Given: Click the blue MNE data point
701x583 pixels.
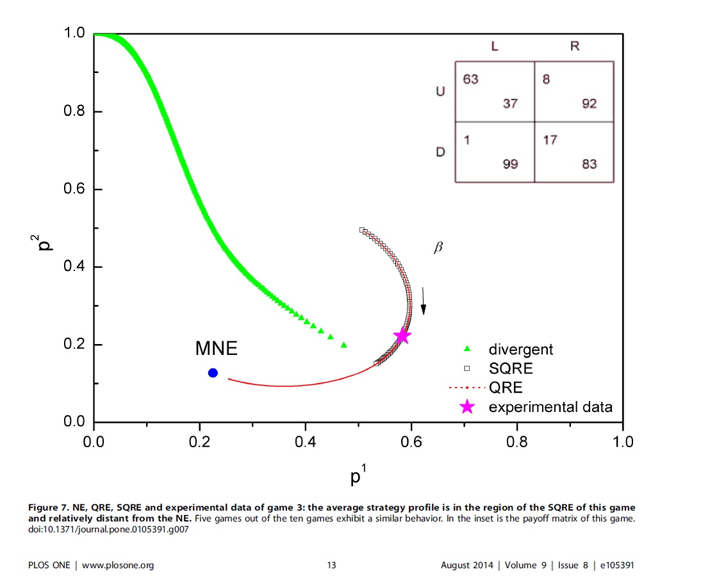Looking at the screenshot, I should pyautogui.click(x=213, y=373).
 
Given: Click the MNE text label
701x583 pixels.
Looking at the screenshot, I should pyautogui.click(x=216, y=349).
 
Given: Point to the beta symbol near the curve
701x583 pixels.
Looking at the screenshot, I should pyautogui.click(x=438, y=248).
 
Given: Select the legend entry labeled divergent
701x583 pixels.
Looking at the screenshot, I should pyautogui.click(x=520, y=349).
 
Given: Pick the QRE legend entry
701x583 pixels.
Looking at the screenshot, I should pyautogui.click(x=505, y=388).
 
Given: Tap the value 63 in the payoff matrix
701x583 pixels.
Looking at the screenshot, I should pyautogui.click(x=470, y=79).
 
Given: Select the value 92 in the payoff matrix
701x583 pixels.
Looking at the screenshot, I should pyautogui.click(x=589, y=104).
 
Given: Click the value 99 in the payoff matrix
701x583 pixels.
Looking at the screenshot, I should pyautogui.click(x=509, y=165).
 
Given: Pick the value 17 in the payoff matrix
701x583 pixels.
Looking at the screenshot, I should pyautogui.click(x=550, y=140).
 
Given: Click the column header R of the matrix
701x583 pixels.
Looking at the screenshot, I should pyautogui.click(x=574, y=47).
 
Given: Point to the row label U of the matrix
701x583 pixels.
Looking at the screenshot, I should pyautogui.click(x=440, y=92).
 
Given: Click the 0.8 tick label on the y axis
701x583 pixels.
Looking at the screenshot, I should pyautogui.click(x=75, y=111).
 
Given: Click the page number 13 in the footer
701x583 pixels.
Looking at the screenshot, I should pyautogui.click(x=331, y=565).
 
